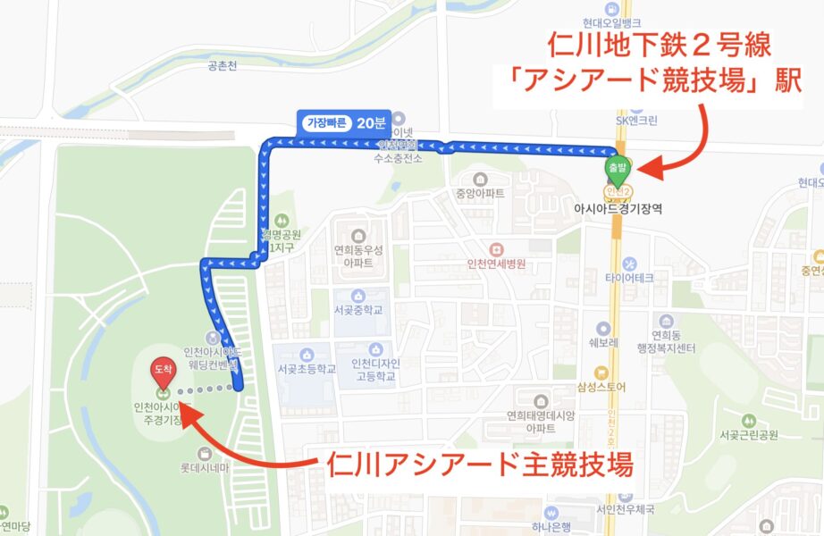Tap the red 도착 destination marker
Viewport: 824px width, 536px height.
(163, 370)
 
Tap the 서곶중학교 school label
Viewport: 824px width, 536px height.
(357, 311)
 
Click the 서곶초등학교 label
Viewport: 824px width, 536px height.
(305, 368)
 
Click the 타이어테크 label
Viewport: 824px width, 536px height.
(630, 277)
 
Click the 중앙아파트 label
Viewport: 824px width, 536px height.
(480, 192)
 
